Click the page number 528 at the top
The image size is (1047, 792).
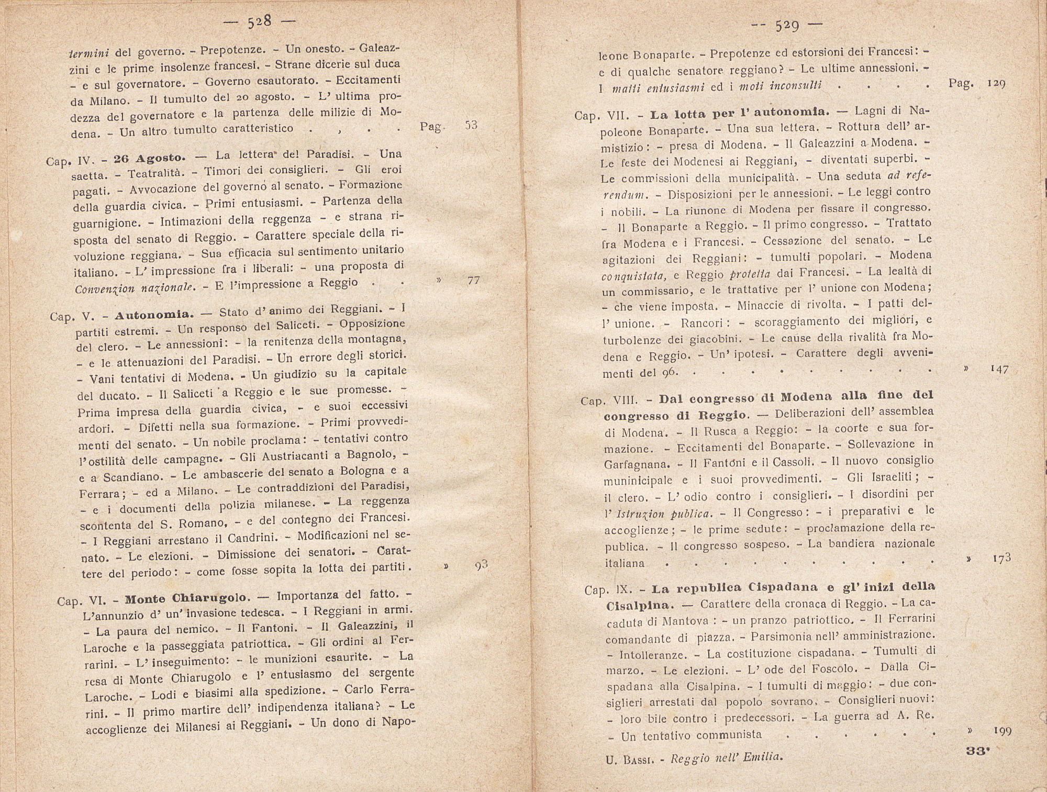coord(260,23)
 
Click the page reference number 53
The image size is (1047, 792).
coord(471,126)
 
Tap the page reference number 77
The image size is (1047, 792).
coord(473,281)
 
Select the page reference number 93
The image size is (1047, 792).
coord(481,564)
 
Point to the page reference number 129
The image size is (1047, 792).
coord(996,83)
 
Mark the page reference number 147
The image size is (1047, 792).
coord(999,369)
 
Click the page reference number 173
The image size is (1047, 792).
coord(1001,559)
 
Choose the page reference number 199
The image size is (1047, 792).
coord(1002,731)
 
